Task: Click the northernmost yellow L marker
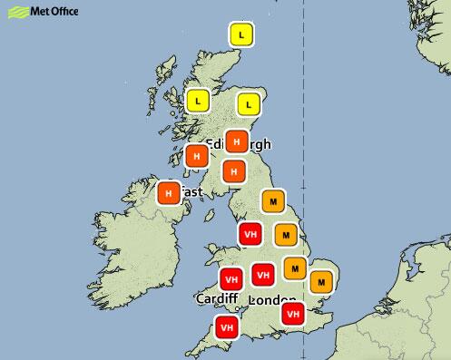coord(240,35)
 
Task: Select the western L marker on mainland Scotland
coord(198,101)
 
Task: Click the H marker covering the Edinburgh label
coord(237,141)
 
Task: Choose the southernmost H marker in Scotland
coord(235,170)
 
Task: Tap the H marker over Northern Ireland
coord(168,193)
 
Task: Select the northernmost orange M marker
coord(272,199)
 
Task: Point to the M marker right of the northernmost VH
coord(286,236)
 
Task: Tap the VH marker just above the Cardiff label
coord(230,278)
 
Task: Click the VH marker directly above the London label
coord(262,274)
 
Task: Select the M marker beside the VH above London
coord(294,268)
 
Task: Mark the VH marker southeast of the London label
coord(292,313)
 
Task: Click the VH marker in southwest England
coord(226,326)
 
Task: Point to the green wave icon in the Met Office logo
coord(14,12)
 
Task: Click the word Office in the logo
coord(61,12)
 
